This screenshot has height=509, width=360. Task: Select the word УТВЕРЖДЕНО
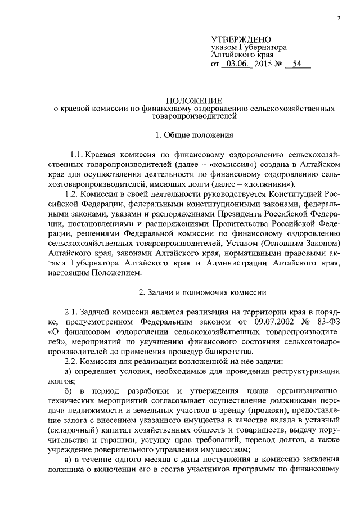click(241, 39)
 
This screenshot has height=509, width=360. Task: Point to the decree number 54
click(298, 65)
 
